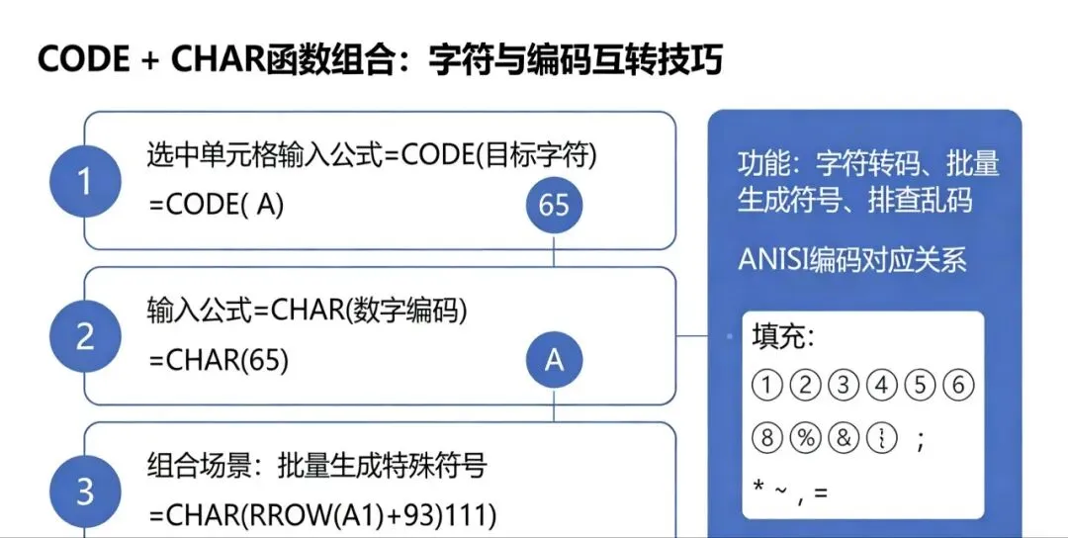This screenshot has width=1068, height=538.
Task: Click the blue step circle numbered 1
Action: click(85, 182)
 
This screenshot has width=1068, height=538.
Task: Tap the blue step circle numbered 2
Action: click(85, 337)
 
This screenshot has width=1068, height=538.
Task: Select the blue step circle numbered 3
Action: click(85, 492)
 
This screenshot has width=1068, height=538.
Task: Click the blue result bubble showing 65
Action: click(554, 205)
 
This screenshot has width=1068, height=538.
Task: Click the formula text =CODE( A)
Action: click(217, 204)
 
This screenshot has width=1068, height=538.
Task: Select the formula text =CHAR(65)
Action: click(219, 361)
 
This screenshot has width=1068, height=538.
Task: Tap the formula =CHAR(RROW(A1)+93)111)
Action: click(322, 515)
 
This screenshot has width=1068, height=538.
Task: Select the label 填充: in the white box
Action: click(783, 336)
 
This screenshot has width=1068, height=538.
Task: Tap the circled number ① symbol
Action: click(767, 386)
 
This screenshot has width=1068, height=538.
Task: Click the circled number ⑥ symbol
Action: click(957, 386)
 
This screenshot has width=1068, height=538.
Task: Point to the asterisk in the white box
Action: click(757, 490)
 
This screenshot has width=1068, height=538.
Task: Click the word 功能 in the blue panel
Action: click(760, 164)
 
